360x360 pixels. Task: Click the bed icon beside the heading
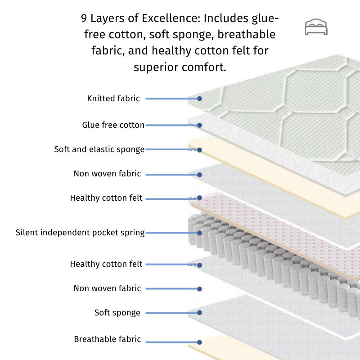pos(316,27)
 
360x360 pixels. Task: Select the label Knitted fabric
pos(113,98)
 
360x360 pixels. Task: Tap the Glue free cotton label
pos(113,125)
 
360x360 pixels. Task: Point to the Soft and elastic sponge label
pos(99,149)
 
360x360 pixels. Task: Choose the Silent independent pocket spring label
pos(80,233)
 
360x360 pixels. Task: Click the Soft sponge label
pos(117,312)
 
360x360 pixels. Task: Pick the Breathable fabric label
pos(107,339)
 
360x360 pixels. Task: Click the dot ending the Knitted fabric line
pos(199,98)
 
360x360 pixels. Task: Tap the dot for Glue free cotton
pos(199,125)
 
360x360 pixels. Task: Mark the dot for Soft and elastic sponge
pos(199,150)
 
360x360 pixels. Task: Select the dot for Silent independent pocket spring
pos(199,233)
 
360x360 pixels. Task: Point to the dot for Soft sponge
pos(199,313)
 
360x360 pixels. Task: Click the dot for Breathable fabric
pos(199,341)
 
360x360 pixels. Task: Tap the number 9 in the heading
pos(84,18)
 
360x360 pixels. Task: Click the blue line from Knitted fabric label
pos(171,98)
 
